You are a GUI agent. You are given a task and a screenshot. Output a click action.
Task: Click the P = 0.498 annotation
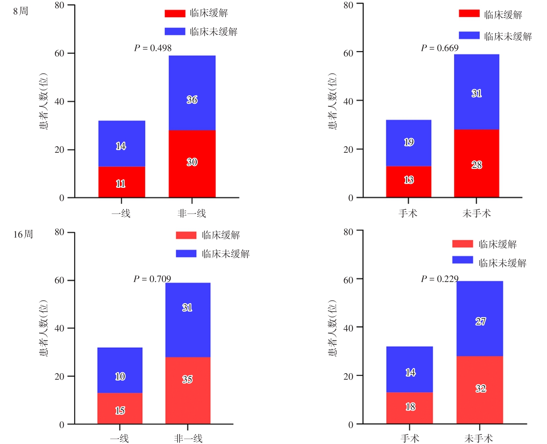[x=153, y=48]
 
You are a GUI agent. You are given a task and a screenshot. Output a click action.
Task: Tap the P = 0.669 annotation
[x=440, y=48]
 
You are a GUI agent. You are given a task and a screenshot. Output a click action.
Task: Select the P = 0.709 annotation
[x=152, y=279]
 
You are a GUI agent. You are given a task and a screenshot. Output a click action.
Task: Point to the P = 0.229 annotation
[x=440, y=279]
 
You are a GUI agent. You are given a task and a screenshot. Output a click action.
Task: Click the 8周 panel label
[x=21, y=11]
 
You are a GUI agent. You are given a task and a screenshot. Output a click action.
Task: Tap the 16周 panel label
[x=23, y=234]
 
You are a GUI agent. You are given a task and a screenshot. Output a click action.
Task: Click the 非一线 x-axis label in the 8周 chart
[x=192, y=214]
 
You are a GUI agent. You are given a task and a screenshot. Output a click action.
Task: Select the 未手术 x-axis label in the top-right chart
[x=477, y=214]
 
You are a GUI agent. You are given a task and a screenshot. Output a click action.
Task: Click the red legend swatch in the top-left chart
[x=175, y=14]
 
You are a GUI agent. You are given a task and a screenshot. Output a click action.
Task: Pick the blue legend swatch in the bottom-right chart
[x=462, y=260]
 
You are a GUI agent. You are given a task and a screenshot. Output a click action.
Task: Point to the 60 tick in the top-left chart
[x=60, y=53]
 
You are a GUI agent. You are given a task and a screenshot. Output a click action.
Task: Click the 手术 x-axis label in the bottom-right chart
[x=410, y=438]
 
